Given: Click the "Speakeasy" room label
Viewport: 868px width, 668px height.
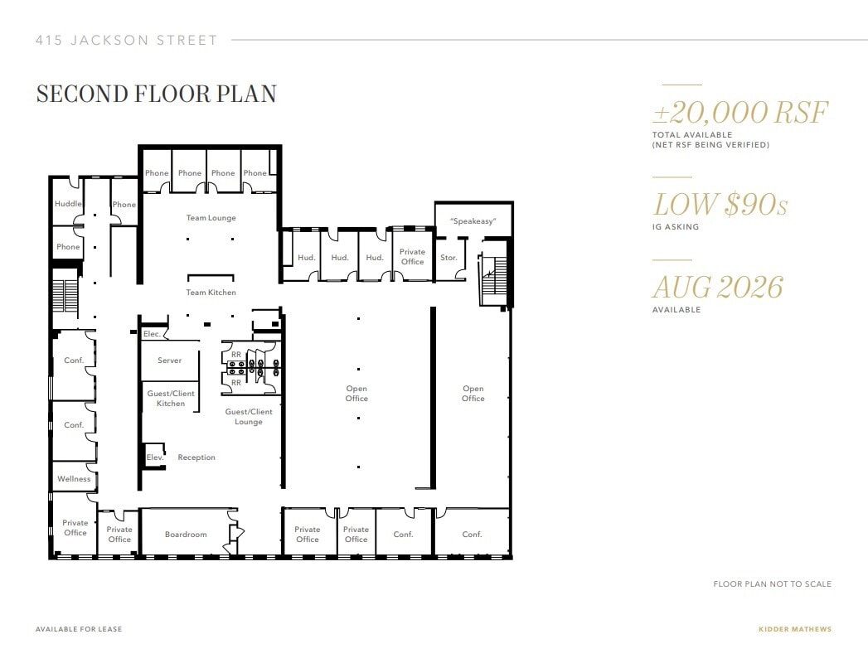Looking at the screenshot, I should (473, 221).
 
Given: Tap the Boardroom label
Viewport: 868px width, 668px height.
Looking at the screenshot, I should (186, 535).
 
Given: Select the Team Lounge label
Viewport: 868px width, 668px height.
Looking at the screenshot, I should (211, 218).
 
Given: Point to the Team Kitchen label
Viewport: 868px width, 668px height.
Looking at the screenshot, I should (211, 293).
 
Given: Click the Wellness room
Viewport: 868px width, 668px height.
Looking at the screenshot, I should (74, 479).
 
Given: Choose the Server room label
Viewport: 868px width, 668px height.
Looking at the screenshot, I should (169, 361).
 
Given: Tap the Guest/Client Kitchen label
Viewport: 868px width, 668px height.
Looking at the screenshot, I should (171, 399).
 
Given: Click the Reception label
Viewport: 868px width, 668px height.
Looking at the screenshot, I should (196, 457).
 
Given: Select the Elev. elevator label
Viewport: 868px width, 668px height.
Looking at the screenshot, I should (155, 457).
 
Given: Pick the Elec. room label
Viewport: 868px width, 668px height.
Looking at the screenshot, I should (152, 334).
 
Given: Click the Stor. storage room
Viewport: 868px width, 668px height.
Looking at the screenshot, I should (449, 258).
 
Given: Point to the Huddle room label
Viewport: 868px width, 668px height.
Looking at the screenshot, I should (68, 204).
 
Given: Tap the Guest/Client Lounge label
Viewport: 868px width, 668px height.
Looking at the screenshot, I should (249, 417).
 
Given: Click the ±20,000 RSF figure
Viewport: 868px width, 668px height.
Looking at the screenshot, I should (739, 113).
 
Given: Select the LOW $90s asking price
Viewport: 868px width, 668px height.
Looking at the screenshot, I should (720, 205).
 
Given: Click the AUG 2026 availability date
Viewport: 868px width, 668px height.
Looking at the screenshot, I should (717, 288).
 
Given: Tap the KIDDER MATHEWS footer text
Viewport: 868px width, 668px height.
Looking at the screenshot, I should (794, 629).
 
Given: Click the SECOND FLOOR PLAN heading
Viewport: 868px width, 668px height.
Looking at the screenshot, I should (156, 94).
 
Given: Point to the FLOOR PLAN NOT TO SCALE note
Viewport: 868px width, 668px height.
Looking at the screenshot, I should (772, 584).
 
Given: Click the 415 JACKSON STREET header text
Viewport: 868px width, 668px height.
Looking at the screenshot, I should (127, 40).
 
